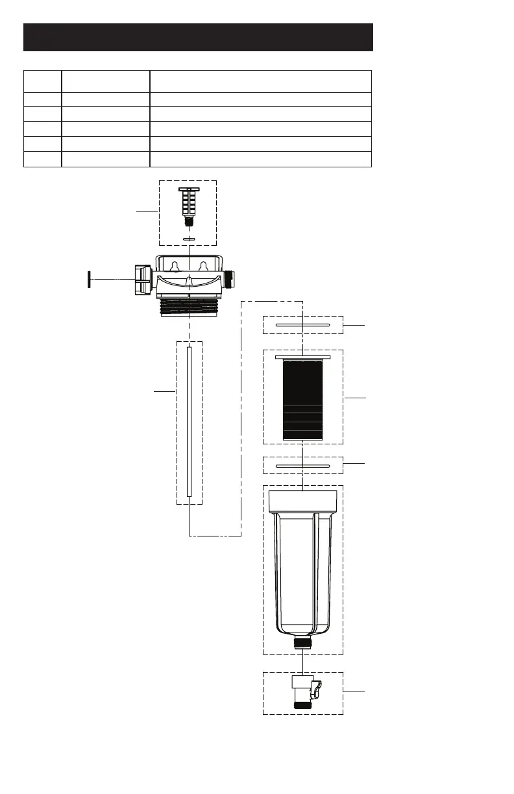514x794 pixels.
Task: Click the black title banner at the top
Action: tap(198, 37)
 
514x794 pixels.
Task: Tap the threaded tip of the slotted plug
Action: tap(188, 221)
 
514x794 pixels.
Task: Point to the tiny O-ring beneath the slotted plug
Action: tap(188, 239)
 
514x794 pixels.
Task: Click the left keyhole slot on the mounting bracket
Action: tap(174, 266)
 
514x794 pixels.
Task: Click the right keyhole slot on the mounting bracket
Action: tap(203, 266)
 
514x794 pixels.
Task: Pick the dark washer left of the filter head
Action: tap(88, 278)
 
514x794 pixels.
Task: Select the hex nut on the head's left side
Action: tap(141, 279)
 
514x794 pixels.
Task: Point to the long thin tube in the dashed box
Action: tap(190, 422)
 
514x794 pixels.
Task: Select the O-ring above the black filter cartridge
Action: tap(302, 324)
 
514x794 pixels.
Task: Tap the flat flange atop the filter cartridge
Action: tap(302, 357)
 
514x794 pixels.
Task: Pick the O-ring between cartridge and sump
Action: tap(302, 465)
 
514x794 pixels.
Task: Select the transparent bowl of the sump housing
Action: tap(302, 571)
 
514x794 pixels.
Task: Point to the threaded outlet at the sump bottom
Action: tap(302, 643)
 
